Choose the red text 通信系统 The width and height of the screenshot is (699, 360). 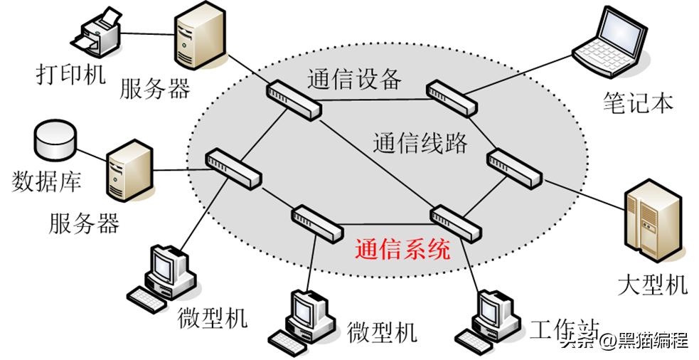[x=402, y=250]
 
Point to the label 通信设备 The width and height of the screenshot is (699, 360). [x=355, y=78]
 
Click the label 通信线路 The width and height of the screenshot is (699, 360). [x=420, y=142]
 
